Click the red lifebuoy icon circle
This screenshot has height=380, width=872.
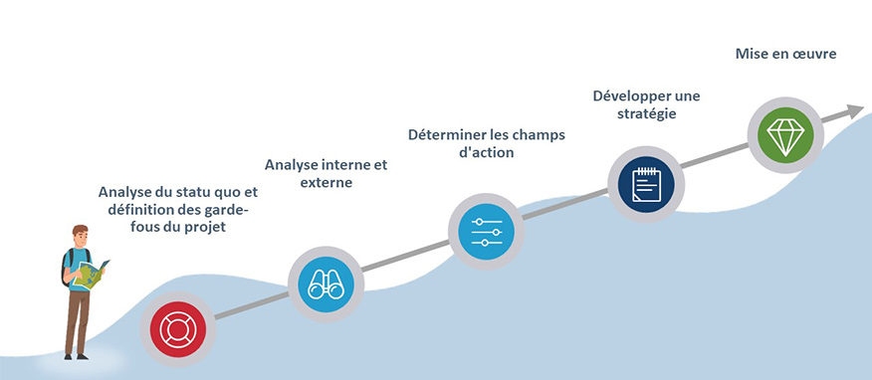pyautogui.click(x=178, y=329)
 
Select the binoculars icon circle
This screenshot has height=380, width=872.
pyautogui.click(x=326, y=285)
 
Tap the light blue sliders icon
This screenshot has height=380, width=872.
pyautogui.click(x=486, y=231)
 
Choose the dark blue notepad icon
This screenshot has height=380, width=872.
pyautogui.click(x=646, y=184)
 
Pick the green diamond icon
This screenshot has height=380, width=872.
pyautogui.click(x=785, y=135)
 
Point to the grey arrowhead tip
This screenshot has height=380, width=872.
pyautogui.click(x=864, y=107)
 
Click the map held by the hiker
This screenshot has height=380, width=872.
pyautogui.click(x=91, y=274)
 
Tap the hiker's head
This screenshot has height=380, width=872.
pyautogui.click(x=80, y=235)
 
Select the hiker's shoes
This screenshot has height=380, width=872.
pyautogui.click(x=76, y=356)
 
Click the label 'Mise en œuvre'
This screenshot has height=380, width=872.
pyautogui.click(x=785, y=54)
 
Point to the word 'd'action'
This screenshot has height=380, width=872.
pyautogui.click(x=486, y=153)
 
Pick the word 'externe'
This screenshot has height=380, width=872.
pyautogui.click(x=327, y=182)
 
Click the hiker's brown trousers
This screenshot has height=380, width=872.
pyautogui.click(x=78, y=320)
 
